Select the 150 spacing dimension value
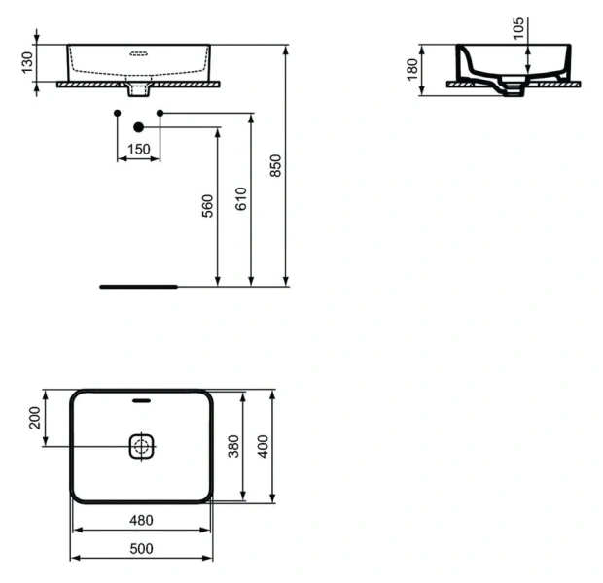point(139,149)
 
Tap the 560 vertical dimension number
point(207,207)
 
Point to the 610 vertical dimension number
point(242,198)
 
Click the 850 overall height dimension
point(276,166)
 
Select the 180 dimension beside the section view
point(411,69)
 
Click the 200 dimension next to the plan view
point(35,419)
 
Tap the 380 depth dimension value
point(231,446)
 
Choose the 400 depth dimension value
point(262,446)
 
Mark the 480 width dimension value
point(142,520)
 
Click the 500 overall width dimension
point(142,548)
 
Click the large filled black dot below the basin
point(138,126)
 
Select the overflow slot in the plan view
point(142,398)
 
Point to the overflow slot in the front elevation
point(138,55)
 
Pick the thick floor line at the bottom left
point(139,287)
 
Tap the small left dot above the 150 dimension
point(117,114)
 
